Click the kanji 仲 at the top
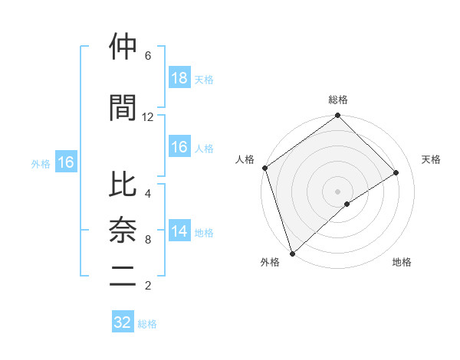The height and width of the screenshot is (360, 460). [x=123, y=47]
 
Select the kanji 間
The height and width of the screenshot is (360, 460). [x=123, y=109]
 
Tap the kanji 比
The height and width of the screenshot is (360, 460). [x=123, y=185]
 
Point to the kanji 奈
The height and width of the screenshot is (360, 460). [x=123, y=231]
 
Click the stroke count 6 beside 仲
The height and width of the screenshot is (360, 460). [x=148, y=56]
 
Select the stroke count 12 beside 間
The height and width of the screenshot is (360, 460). [x=148, y=117]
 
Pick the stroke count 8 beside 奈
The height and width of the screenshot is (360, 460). [x=148, y=240]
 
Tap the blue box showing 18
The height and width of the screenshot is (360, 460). [x=179, y=78]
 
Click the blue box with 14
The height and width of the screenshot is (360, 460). [x=179, y=231]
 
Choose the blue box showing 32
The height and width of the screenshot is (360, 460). [x=123, y=322]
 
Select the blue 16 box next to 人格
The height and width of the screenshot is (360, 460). [x=179, y=147]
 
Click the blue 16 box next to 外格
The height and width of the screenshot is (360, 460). [x=65, y=162]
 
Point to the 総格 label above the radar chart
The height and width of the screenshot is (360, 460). [x=337, y=100]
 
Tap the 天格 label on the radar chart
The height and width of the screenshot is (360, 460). [x=432, y=159]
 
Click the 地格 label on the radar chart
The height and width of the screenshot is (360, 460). [x=402, y=262]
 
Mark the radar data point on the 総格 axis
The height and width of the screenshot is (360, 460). [x=337, y=116]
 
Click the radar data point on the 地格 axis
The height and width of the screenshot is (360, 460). [x=347, y=204]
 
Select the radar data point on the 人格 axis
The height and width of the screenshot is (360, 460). [x=264, y=168]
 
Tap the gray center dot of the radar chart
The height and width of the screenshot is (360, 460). [x=337, y=190]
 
